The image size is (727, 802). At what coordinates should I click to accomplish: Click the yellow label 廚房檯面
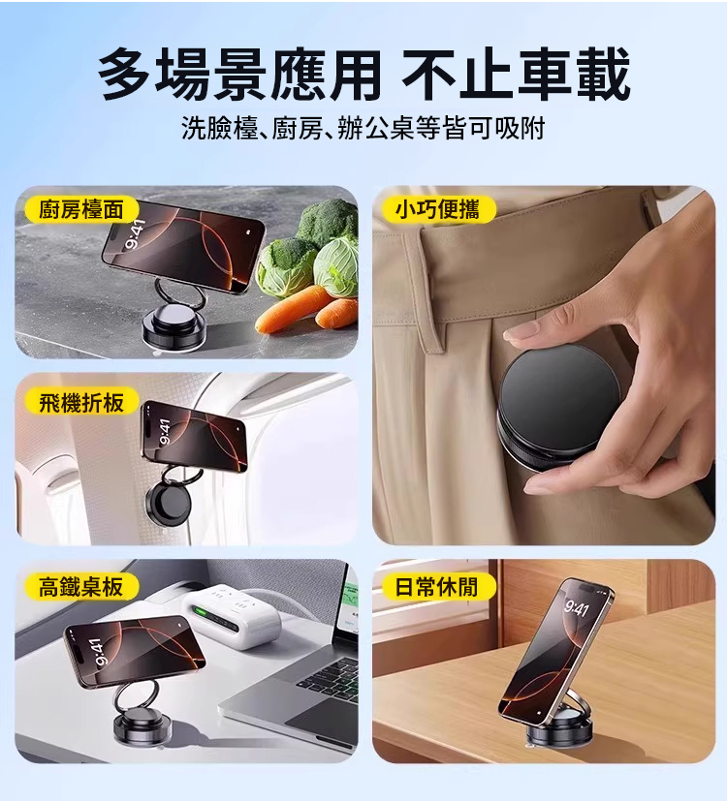pyautogui.click(x=82, y=210)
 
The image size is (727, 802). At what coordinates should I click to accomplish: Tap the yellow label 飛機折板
pyautogui.click(x=82, y=402)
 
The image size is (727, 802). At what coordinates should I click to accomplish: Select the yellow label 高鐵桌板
pyautogui.click(x=82, y=586)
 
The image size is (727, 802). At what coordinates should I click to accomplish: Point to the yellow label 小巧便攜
pyautogui.click(x=438, y=210)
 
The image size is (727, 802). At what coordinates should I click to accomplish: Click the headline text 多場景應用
pyautogui.click(x=239, y=75)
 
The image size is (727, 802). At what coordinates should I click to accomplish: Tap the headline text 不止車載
pyautogui.click(x=516, y=75)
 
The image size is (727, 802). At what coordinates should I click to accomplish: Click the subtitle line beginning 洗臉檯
pyautogui.click(x=363, y=128)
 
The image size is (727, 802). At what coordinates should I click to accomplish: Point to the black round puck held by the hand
pyautogui.click(x=558, y=402)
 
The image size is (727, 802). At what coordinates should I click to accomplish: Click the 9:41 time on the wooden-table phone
pyautogui.click(x=577, y=609)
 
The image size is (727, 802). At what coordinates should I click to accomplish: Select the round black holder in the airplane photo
pyautogui.click(x=168, y=505)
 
